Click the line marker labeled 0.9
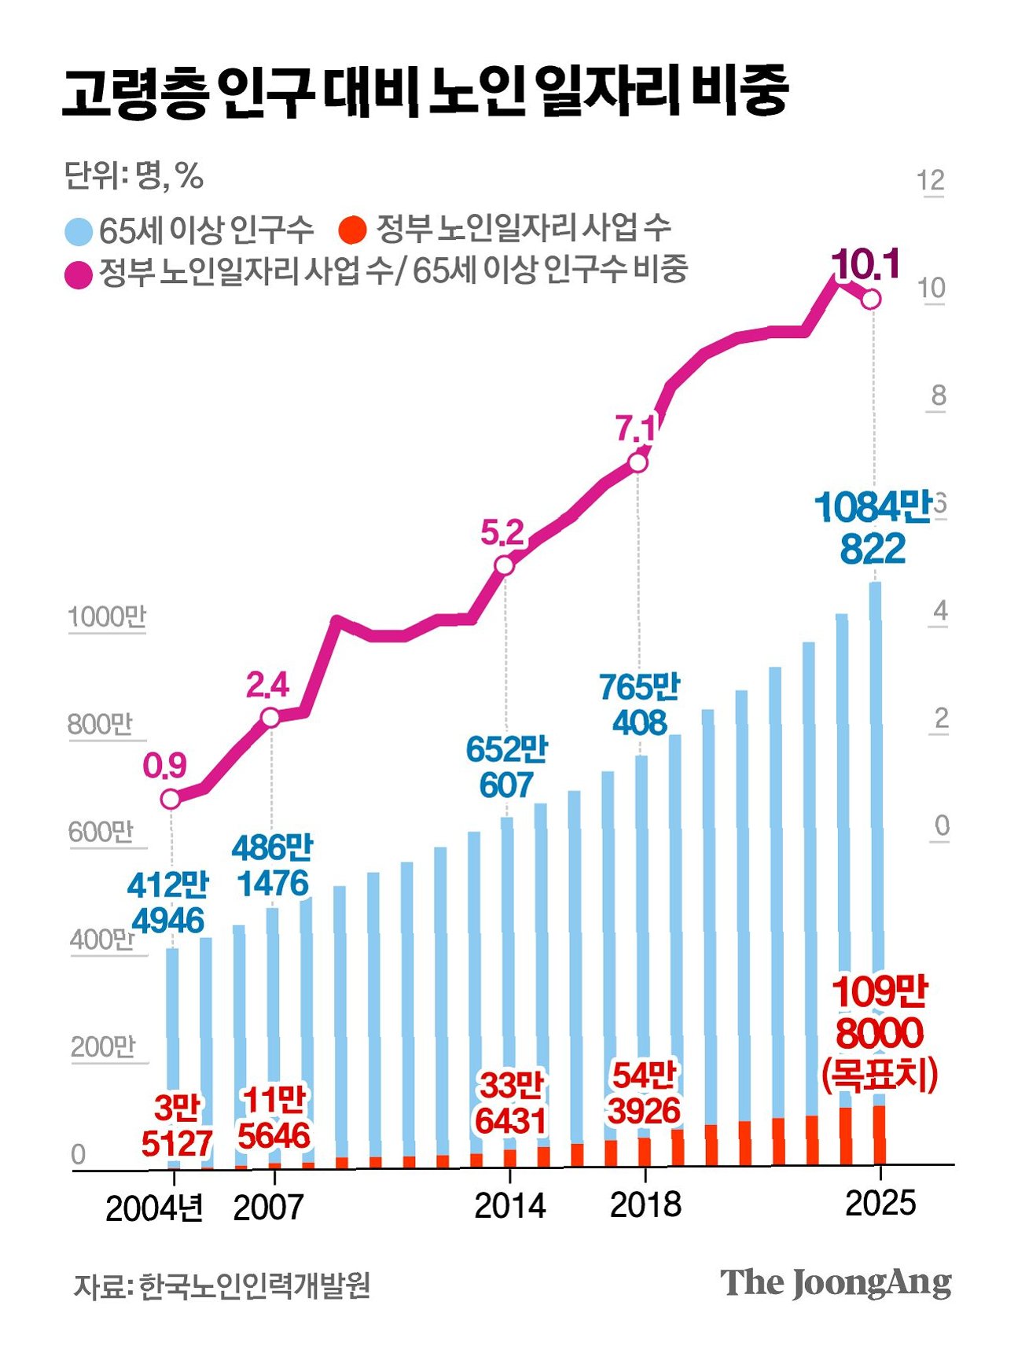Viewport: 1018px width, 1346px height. click(171, 799)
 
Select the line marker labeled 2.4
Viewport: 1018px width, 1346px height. click(270, 717)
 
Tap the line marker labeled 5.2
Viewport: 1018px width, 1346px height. click(504, 565)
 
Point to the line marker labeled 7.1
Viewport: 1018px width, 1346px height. click(638, 463)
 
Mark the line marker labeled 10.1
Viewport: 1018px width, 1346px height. click(871, 300)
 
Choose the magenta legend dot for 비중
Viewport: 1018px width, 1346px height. click(79, 274)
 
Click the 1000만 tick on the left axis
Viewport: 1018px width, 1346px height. click(107, 616)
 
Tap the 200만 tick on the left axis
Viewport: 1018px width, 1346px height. click(104, 1047)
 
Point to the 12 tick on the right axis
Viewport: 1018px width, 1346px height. click(931, 181)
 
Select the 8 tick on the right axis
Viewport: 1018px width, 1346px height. click(938, 395)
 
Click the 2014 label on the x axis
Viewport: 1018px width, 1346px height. click(509, 1205)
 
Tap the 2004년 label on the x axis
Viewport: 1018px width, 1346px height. click(154, 1208)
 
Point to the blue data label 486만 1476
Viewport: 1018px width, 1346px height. click(272, 866)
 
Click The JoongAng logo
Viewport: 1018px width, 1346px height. click(835, 1283)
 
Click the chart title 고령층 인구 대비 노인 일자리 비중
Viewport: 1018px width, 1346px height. click(424, 92)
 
